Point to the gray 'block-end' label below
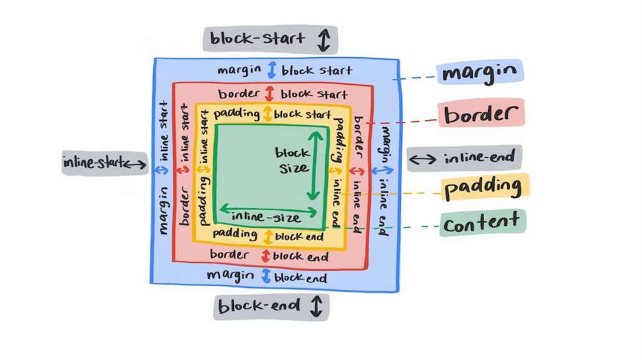pyautogui.click(x=271, y=307)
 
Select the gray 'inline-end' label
pyautogui.click(x=465, y=159)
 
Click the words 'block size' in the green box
pyautogui.click(x=292, y=160)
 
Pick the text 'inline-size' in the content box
pyautogui.click(x=266, y=218)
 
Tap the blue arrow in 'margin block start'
pyautogui.click(x=272, y=70)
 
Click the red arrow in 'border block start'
pyautogui.click(x=270, y=93)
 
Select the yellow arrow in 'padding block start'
pyautogui.click(x=267, y=114)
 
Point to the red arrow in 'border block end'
pyautogui.click(x=265, y=256)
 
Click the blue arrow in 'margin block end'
pyautogui.click(x=265, y=276)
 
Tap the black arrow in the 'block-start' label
pyautogui.click(x=324, y=40)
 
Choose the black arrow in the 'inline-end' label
pyautogui.click(x=423, y=159)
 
